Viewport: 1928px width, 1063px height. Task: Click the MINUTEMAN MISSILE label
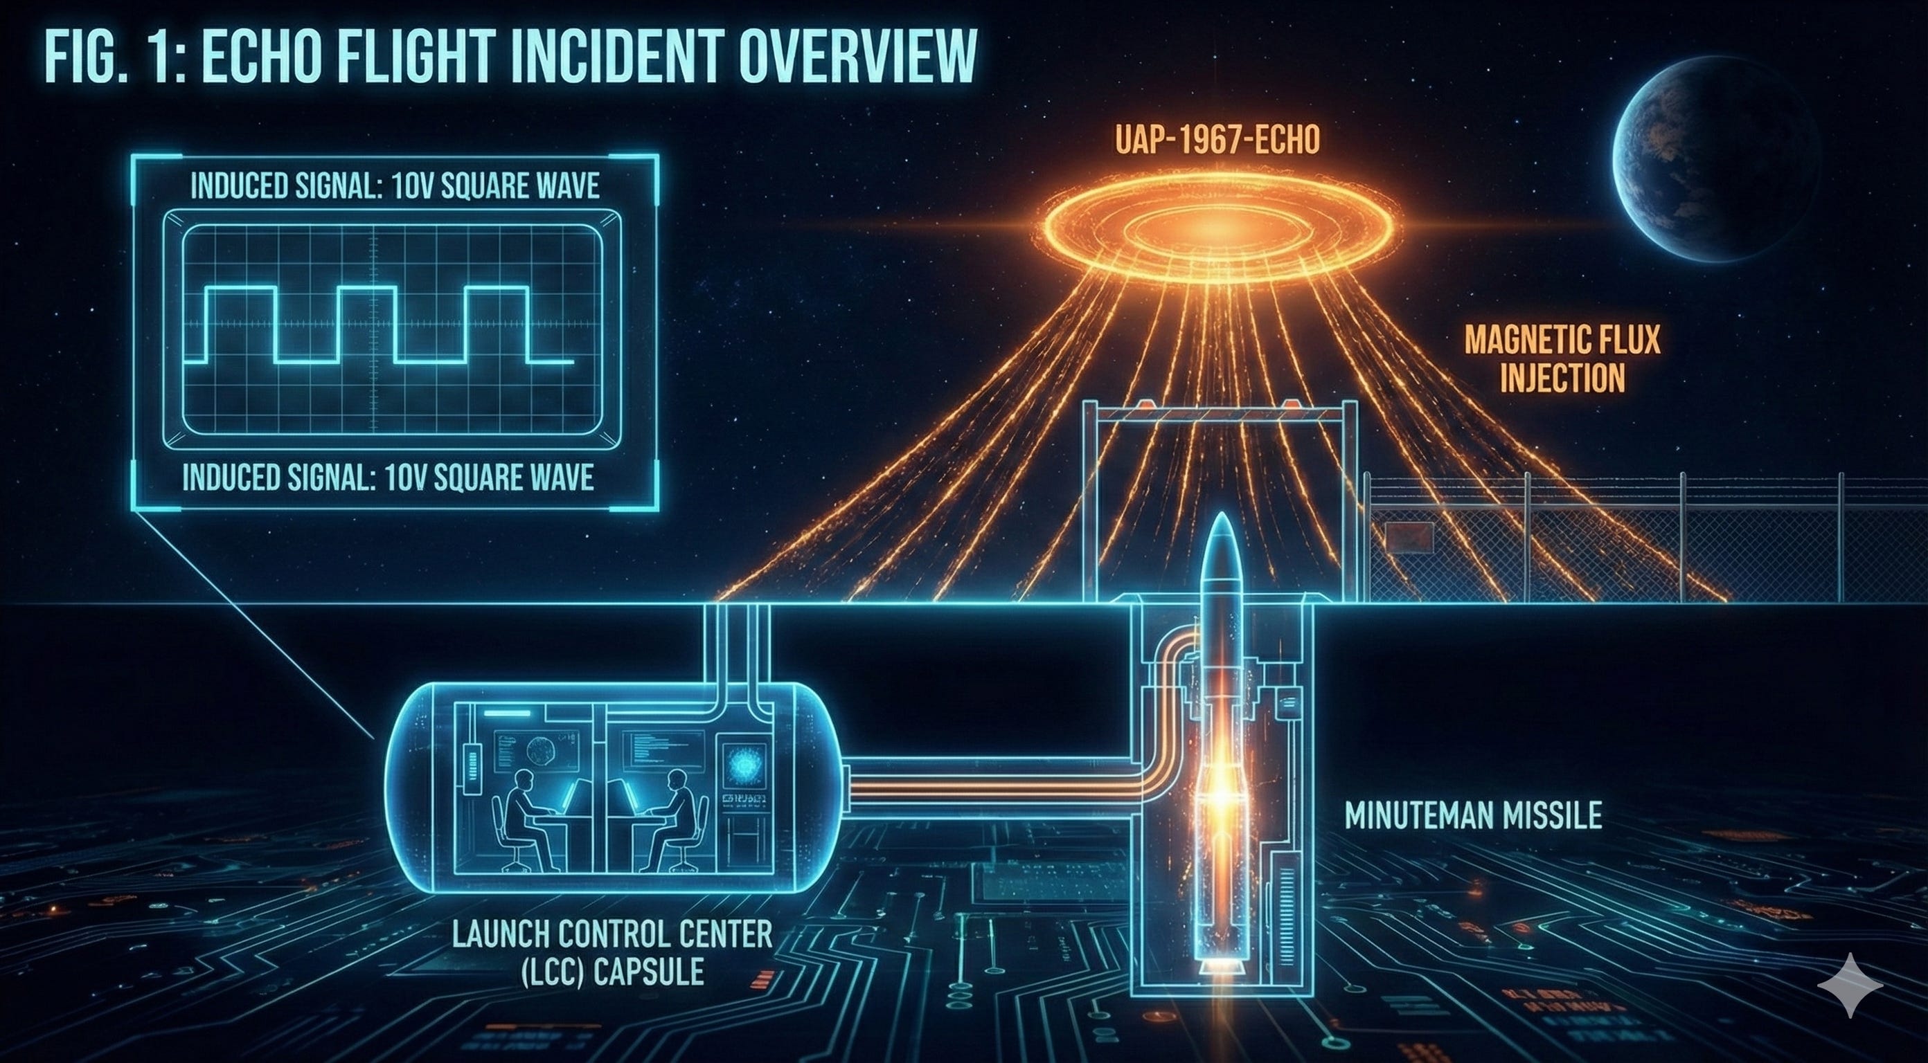point(1473,815)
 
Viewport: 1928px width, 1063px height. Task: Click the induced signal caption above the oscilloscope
point(395,186)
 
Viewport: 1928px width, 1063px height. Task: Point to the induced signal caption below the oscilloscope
point(389,478)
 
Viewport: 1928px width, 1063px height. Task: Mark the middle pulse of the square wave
point(367,323)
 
